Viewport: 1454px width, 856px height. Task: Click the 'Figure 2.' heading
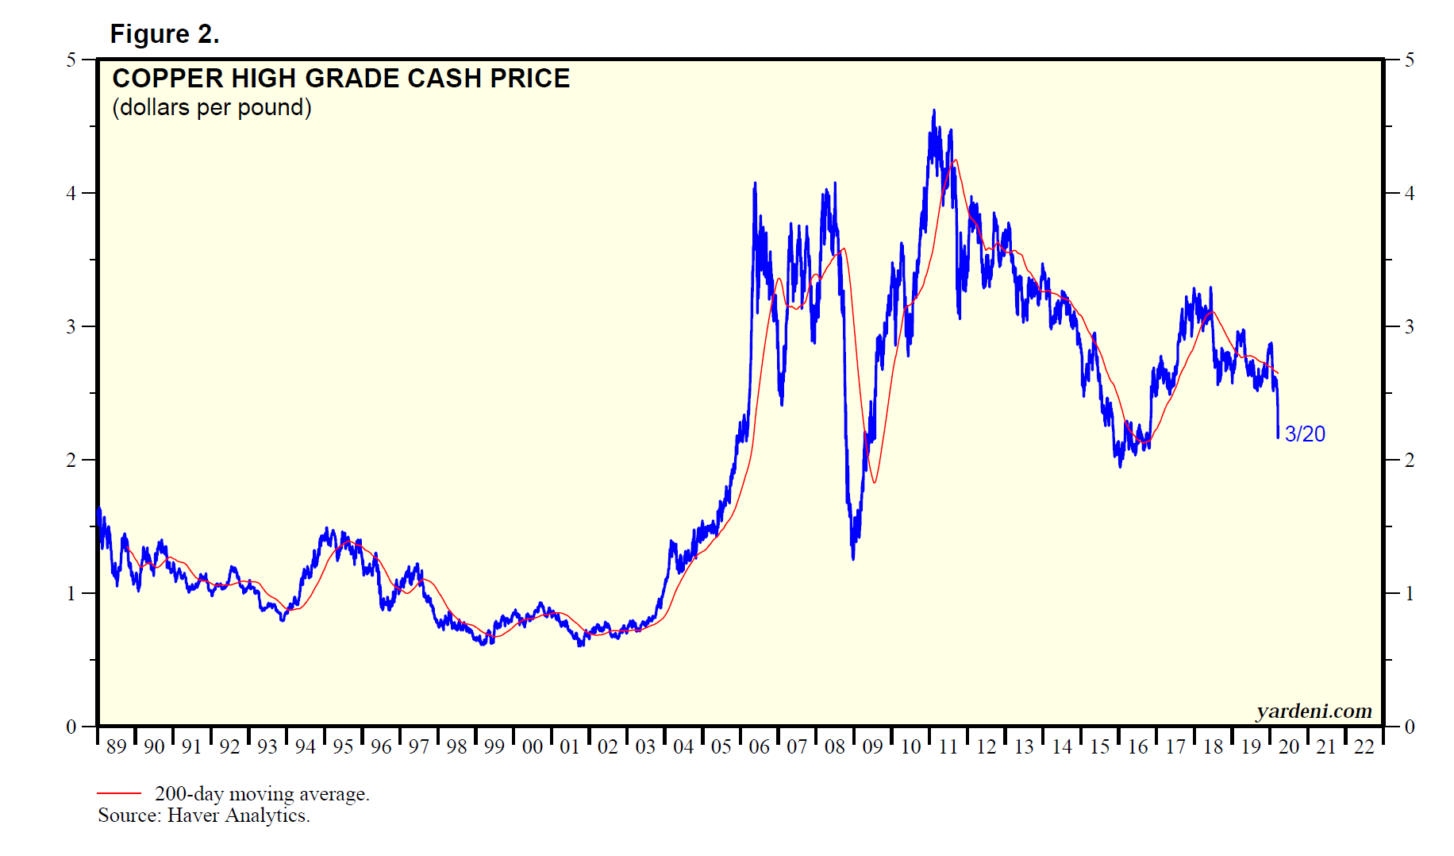(164, 34)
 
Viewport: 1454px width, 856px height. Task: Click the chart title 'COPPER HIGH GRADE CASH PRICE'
(340, 79)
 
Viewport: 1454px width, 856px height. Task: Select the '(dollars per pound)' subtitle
(211, 107)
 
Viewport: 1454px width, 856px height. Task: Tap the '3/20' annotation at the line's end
(1305, 434)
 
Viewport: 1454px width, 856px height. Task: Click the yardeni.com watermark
(1314, 711)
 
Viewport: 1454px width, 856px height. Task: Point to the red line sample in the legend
(119, 792)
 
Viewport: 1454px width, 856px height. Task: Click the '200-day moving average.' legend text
(262, 793)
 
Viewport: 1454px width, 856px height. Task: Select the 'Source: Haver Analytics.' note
(204, 816)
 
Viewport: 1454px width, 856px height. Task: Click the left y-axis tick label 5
(71, 60)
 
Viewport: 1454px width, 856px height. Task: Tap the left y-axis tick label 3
(71, 327)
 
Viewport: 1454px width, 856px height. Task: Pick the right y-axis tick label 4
(1409, 194)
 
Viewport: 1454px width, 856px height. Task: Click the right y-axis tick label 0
(1409, 727)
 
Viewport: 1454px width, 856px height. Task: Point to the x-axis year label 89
(116, 746)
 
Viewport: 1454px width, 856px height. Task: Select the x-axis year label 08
(835, 746)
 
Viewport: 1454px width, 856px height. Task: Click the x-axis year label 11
(948, 746)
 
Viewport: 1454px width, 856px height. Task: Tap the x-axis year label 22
(1364, 746)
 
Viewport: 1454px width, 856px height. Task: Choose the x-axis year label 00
(532, 746)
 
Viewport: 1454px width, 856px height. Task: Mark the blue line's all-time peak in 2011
(933, 110)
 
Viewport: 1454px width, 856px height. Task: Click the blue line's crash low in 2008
(853, 558)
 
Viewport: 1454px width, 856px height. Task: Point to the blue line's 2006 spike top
(755, 183)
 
